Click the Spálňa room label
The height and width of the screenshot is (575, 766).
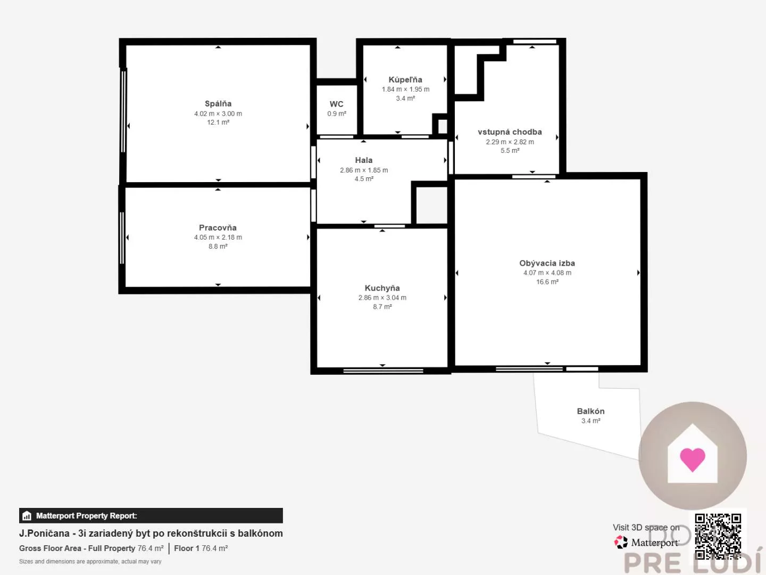218,104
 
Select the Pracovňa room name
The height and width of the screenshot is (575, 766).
218,228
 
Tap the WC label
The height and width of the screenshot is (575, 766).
336,104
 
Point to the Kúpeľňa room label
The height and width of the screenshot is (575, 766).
405,80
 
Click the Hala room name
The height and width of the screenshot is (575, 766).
364,160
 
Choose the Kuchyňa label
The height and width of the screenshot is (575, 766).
382,288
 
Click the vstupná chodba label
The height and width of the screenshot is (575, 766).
510,132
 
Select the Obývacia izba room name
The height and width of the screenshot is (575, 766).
547,263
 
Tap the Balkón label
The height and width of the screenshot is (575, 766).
590,411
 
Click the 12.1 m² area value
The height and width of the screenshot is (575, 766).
218,122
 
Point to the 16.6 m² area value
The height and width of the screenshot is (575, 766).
547,282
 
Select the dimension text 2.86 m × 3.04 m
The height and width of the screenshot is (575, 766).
382,298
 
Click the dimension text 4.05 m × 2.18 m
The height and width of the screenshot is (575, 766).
218,237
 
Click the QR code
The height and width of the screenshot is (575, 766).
718,536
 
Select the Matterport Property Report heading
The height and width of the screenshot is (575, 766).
86,516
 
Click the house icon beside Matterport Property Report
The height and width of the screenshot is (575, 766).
27,516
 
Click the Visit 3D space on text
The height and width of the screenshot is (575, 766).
646,528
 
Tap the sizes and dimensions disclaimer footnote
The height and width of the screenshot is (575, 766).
90,562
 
